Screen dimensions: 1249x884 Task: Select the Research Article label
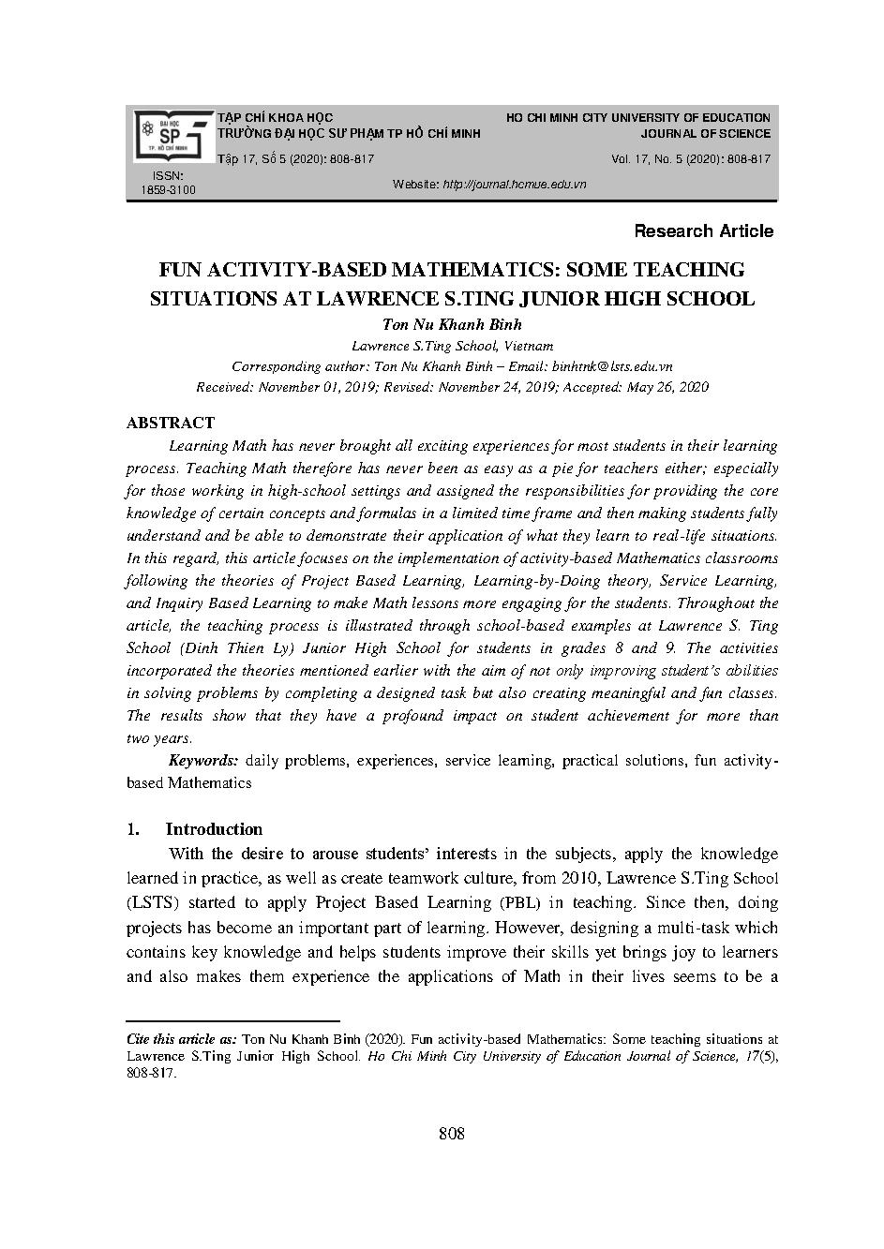(703, 231)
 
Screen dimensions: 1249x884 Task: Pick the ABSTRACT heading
(170, 423)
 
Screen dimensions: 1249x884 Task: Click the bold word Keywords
(202, 761)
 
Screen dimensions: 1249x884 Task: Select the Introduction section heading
(214, 829)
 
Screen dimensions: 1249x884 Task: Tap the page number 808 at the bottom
(452, 1134)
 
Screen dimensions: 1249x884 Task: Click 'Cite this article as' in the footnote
(181, 1039)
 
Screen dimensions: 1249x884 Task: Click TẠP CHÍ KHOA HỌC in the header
(275, 118)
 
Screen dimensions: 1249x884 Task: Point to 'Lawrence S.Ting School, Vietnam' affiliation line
(452, 346)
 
